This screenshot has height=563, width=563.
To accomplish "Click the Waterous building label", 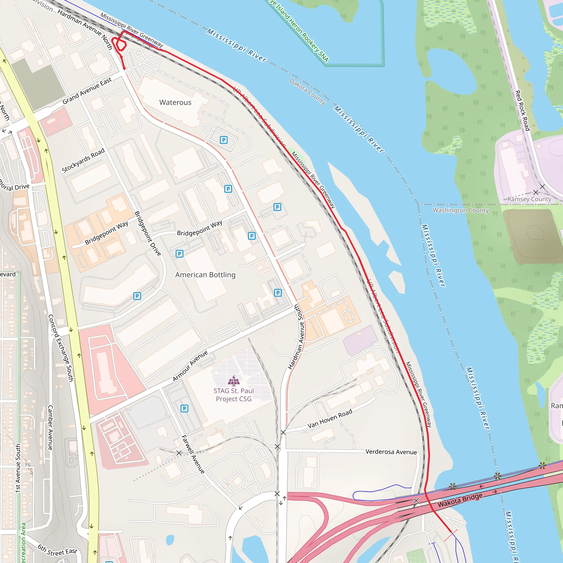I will point(175,102).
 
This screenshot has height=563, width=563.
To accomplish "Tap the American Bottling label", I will point(205,275).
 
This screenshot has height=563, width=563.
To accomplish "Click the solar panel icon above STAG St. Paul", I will point(234,380).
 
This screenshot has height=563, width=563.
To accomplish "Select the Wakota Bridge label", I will point(460,500).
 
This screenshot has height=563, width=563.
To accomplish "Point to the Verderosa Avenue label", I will point(391,452).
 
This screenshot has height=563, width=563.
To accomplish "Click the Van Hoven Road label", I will point(330,419).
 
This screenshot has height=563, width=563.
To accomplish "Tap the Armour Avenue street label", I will point(190,366).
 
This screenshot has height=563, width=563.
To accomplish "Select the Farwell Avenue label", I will point(193,454).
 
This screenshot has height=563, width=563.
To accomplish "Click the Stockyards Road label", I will point(83,160).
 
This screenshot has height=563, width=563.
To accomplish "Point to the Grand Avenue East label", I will point(87,91).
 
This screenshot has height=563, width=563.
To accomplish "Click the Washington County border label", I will point(460,210).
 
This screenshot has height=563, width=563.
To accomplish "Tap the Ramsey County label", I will point(529,199).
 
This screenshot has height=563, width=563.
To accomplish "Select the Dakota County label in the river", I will point(307,91).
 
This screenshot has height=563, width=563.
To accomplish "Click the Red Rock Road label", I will point(522,111).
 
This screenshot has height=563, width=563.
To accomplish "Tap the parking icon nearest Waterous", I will point(223,140).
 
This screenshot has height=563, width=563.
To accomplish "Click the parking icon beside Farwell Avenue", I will point(184,409).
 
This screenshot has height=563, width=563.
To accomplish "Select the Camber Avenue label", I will point(50,427).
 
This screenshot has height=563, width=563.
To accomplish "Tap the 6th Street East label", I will point(57,550).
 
